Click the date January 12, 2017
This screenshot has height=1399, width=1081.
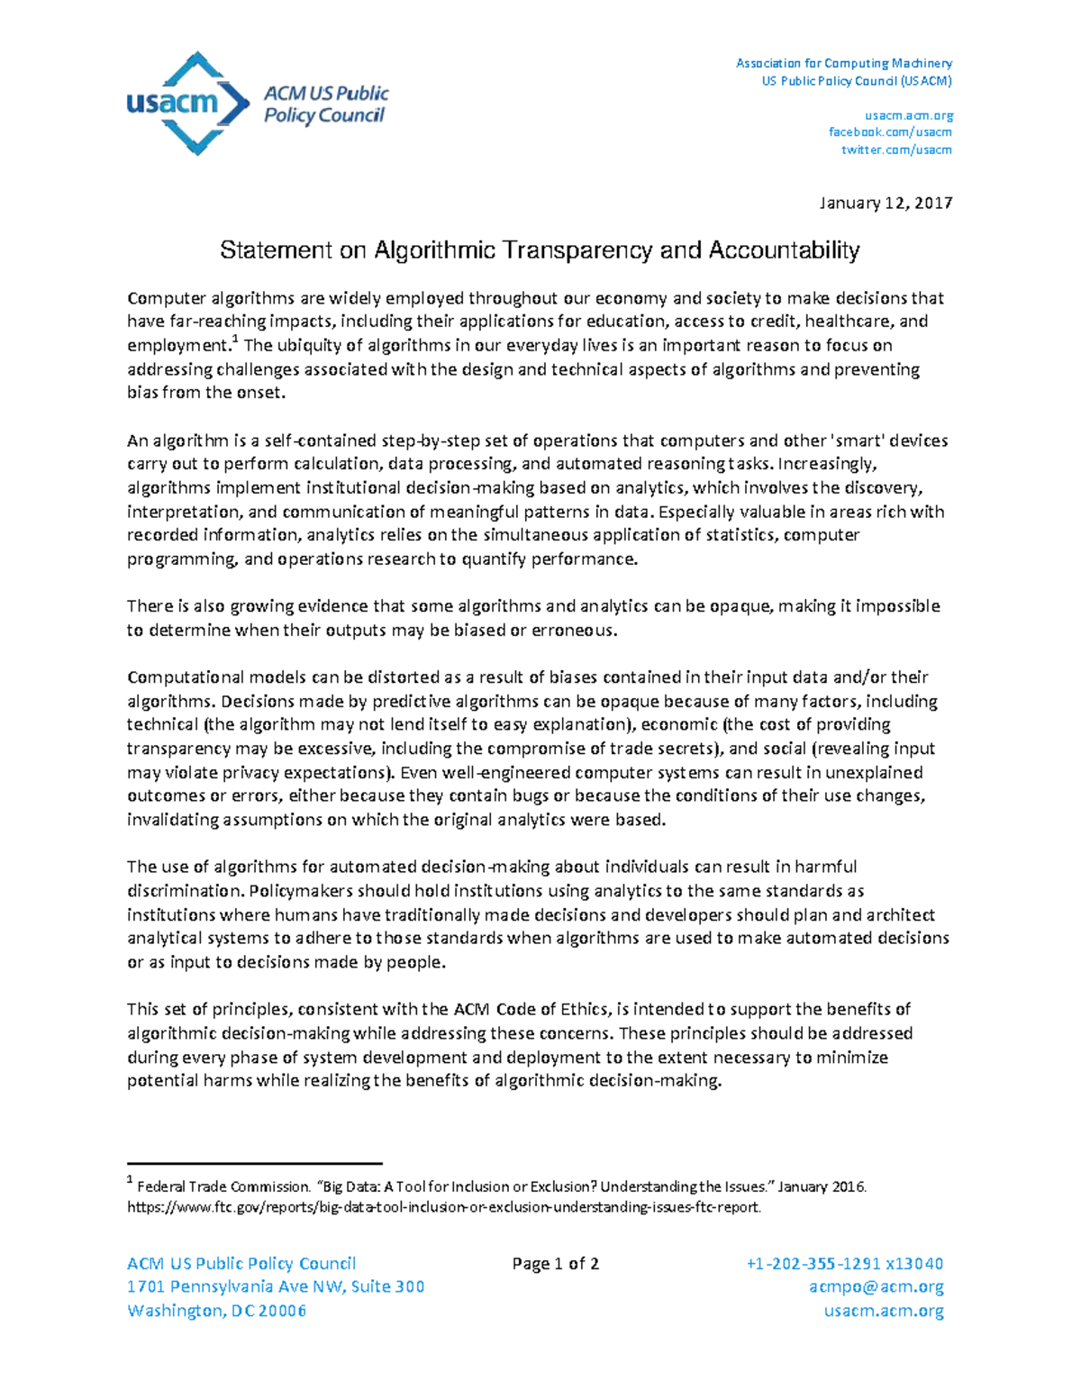[886, 203]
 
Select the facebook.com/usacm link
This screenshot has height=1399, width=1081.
[890, 132]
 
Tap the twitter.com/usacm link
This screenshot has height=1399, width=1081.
[896, 150]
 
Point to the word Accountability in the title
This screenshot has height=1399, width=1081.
[784, 250]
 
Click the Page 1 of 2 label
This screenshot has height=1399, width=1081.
[555, 1264]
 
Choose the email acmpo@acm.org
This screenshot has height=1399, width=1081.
[876, 1287]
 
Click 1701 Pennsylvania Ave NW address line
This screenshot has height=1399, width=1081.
[276, 1287]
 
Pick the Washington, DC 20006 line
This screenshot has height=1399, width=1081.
[217, 1311]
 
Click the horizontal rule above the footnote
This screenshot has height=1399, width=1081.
[255, 1164]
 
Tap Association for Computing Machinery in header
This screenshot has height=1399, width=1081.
[843, 63]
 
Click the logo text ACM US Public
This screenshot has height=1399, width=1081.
[325, 94]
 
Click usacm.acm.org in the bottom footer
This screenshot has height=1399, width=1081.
[884, 1311]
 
